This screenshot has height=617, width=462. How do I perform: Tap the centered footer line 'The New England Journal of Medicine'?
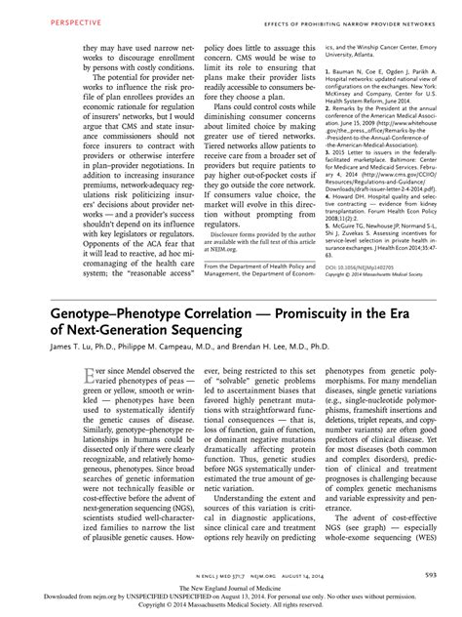click(x=231, y=590)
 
